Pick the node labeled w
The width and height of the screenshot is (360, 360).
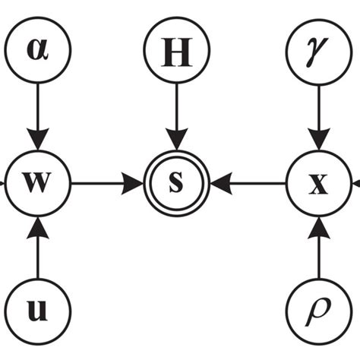[x=37, y=183]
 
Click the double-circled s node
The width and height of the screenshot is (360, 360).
[x=176, y=183]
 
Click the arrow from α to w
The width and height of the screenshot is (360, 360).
[x=37, y=114]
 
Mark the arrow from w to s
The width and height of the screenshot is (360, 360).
[x=106, y=183]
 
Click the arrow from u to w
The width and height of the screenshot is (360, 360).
[x=37, y=251]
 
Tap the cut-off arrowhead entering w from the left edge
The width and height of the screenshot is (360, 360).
[x=4, y=183]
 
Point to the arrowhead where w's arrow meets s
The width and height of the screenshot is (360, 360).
[x=135, y=183]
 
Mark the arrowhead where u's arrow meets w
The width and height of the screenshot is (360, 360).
[x=37, y=224]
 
